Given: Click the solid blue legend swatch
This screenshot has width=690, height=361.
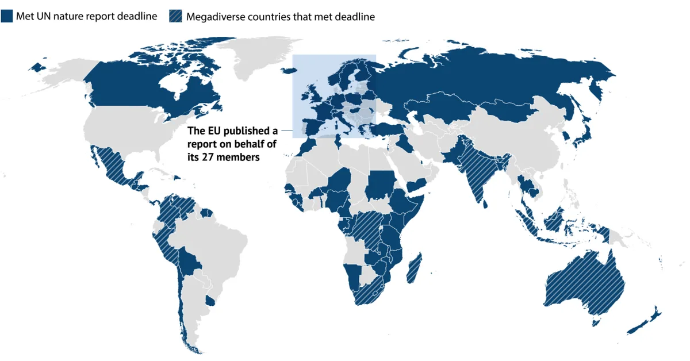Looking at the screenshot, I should click(x=6, y=17).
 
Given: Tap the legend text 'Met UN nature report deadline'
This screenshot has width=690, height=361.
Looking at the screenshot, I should click(x=86, y=17).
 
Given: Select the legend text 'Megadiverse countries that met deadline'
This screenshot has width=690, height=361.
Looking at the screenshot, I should click(x=280, y=17).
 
